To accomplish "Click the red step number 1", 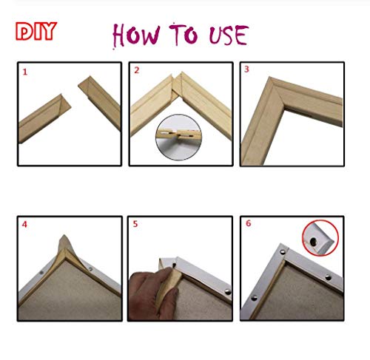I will click(24, 72).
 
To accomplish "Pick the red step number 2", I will click(136, 71).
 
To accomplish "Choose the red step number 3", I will click(247, 71).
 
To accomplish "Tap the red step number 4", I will click(24, 225).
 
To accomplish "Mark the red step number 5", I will click(136, 225).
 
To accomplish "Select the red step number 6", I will click(247, 225).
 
